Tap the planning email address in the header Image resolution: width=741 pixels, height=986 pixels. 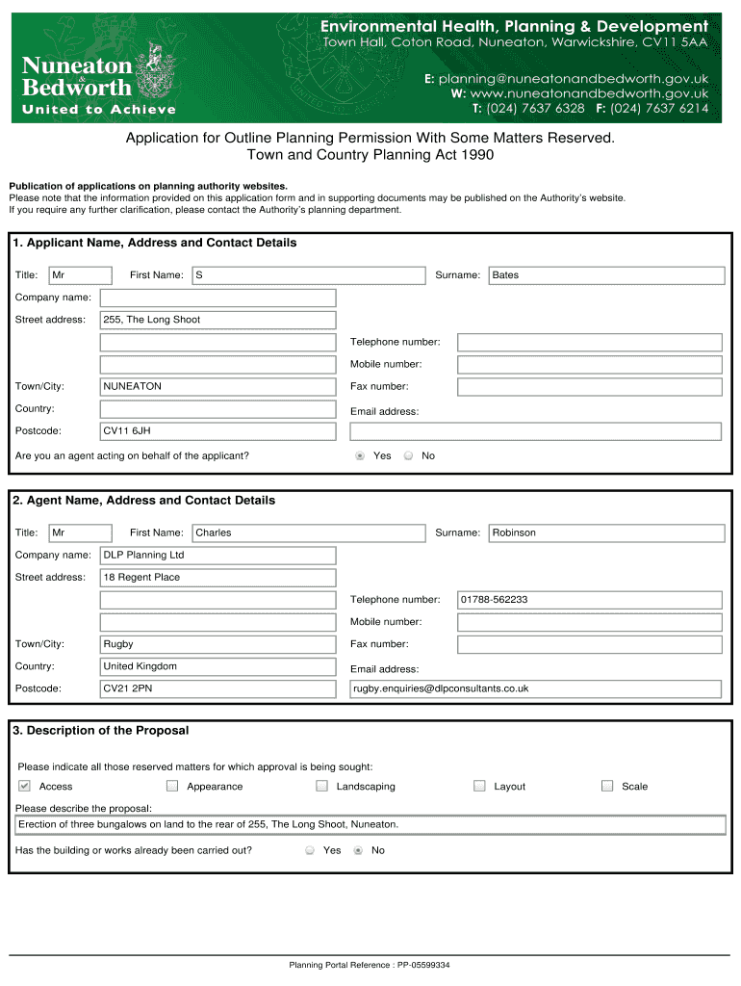(573, 78)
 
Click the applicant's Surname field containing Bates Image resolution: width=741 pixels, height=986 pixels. (606, 275)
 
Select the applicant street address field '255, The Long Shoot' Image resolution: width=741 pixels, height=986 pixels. (218, 320)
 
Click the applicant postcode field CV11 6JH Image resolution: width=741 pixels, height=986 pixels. (218, 430)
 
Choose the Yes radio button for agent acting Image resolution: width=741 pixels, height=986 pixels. (360, 455)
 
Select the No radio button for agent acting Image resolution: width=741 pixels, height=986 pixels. (408, 455)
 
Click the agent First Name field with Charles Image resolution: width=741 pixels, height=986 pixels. (308, 532)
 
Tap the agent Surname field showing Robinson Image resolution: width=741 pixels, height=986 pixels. (606, 532)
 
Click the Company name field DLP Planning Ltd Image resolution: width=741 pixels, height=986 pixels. (218, 556)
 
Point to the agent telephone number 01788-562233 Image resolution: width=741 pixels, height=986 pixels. (589, 600)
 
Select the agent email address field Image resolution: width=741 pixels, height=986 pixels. (535, 688)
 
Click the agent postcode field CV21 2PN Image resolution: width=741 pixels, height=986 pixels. (218, 688)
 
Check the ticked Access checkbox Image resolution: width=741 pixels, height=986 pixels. (25, 786)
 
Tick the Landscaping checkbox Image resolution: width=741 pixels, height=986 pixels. (321, 786)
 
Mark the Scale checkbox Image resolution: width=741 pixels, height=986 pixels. (607, 786)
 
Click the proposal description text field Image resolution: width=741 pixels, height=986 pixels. (370, 824)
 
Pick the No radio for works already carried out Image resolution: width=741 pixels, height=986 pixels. (359, 850)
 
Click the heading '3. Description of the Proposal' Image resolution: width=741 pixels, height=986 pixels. (101, 731)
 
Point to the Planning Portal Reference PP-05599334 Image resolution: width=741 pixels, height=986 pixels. (370, 965)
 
